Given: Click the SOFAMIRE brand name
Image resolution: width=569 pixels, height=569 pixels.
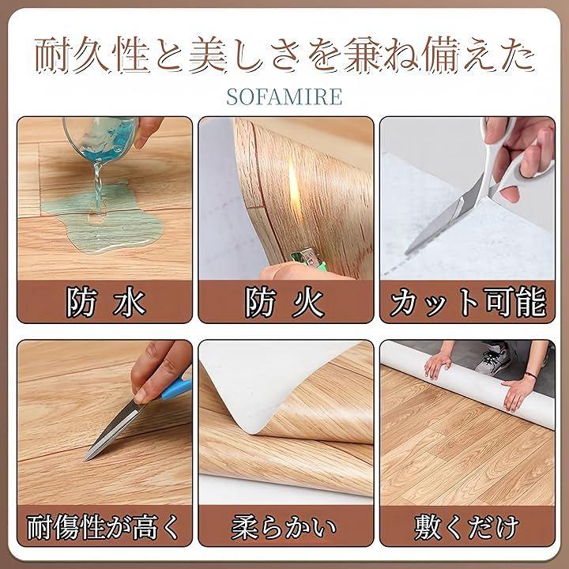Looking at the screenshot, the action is tap(284, 96).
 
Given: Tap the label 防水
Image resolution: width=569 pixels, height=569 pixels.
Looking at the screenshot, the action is tap(105, 302).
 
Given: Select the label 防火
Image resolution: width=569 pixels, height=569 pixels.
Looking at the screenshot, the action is tap(284, 302).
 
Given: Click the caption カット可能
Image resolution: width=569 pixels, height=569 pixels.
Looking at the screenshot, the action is tap(467, 302).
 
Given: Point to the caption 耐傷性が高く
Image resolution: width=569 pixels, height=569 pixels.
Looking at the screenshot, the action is tap(104, 526).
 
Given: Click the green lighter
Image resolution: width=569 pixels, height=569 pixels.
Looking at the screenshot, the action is tap(308, 258).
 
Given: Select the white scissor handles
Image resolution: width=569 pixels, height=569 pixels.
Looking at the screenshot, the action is tap(515, 160).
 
